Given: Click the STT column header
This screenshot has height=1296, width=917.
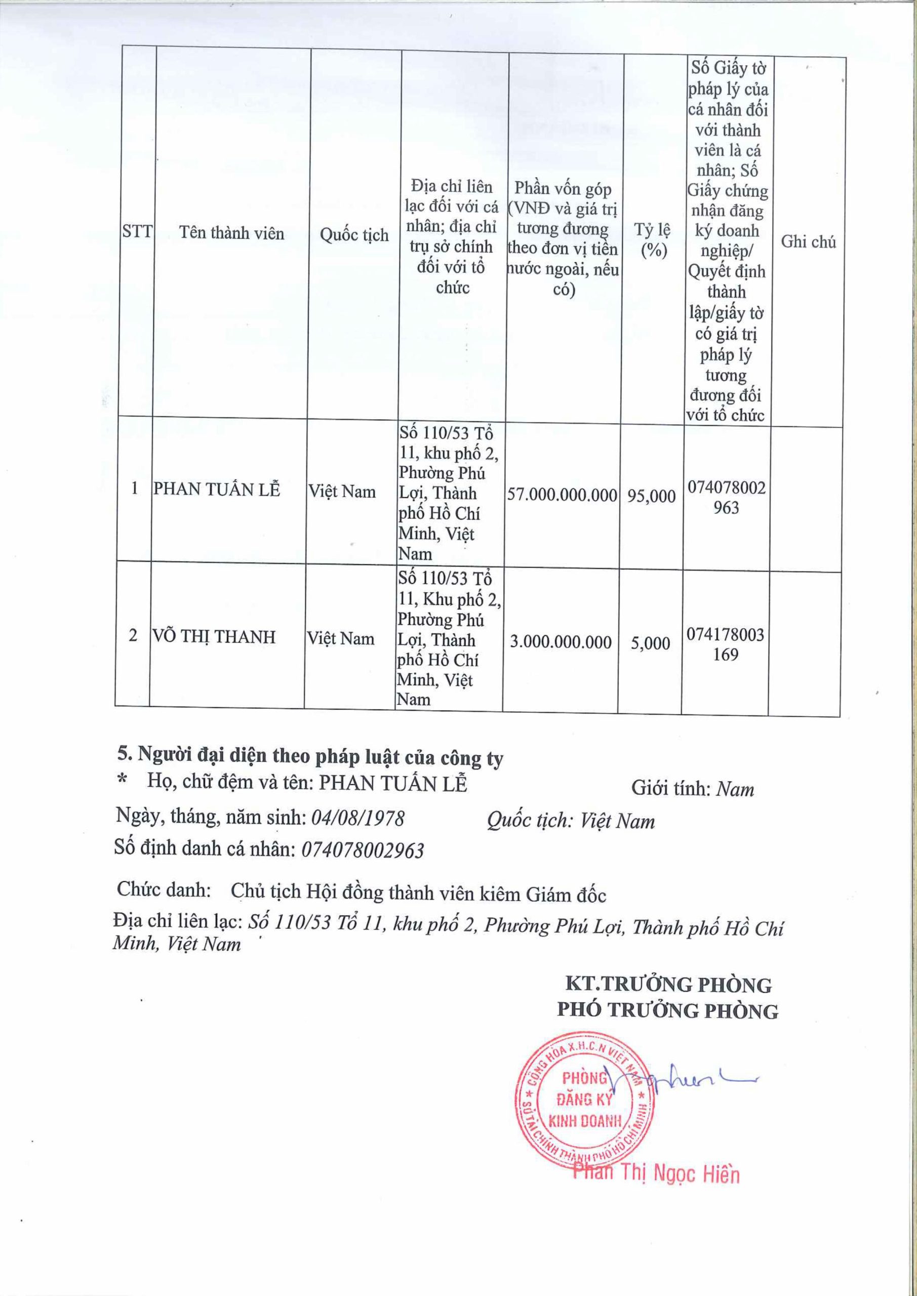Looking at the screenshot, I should (x=137, y=232).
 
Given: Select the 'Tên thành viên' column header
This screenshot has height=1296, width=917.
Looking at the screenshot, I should (x=231, y=232).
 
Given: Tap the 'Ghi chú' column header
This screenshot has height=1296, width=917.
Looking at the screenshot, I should (x=808, y=241).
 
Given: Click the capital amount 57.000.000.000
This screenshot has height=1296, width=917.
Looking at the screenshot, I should (x=562, y=496).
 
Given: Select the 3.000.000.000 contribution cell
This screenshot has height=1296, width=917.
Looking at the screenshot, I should (x=560, y=642).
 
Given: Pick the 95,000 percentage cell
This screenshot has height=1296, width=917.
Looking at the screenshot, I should (x=651, y=496).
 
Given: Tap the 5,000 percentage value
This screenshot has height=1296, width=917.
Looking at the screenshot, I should (x=651, y=643).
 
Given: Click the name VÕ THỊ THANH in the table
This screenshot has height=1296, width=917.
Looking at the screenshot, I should (x=215, y=637).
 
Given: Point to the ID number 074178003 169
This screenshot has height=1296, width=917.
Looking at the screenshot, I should (x=725, y=644).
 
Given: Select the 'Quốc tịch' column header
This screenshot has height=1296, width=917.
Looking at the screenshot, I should (x=354, y=235).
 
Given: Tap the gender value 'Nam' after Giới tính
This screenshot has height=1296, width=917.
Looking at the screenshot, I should (x=735, y=789).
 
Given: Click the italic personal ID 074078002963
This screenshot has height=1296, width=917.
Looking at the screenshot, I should (x=363, y=850).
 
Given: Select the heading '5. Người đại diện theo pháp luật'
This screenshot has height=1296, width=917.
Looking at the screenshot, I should (x=309, y=757).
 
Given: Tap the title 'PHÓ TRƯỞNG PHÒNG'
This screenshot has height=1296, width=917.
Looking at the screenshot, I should (x=667, y=1011).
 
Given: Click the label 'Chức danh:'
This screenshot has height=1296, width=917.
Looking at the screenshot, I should (x=164, y=890).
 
